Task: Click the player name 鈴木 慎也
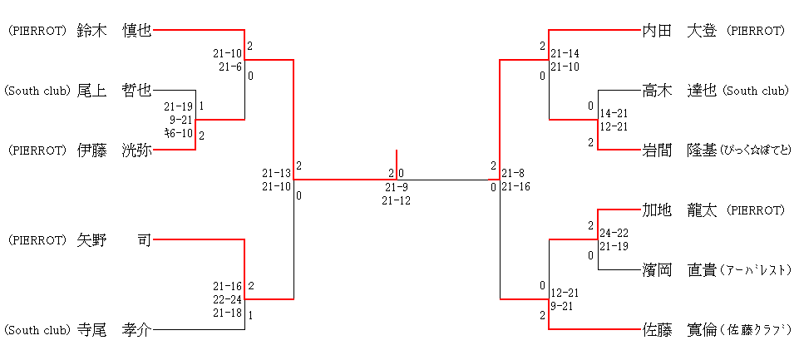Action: [114, 31]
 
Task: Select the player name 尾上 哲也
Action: [114, 91]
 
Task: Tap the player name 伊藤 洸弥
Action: [114, 150]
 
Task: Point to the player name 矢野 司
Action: [114, 240]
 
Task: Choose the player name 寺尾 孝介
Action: [114, 330]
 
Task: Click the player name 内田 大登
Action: [679, 31]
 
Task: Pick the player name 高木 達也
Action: [679, 91]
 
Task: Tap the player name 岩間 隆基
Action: [679, 150]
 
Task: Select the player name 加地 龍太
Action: [679, 210]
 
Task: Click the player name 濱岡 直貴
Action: [679, 270]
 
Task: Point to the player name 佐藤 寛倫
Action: [679, 330]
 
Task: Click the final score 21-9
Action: [396, 187]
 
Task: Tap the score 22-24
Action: [227, 299]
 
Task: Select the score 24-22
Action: [614, 233]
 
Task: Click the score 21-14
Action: [565, 53]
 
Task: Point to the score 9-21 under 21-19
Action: [180, 120]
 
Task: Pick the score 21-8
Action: [513, 173]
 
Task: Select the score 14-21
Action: [614, 113]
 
